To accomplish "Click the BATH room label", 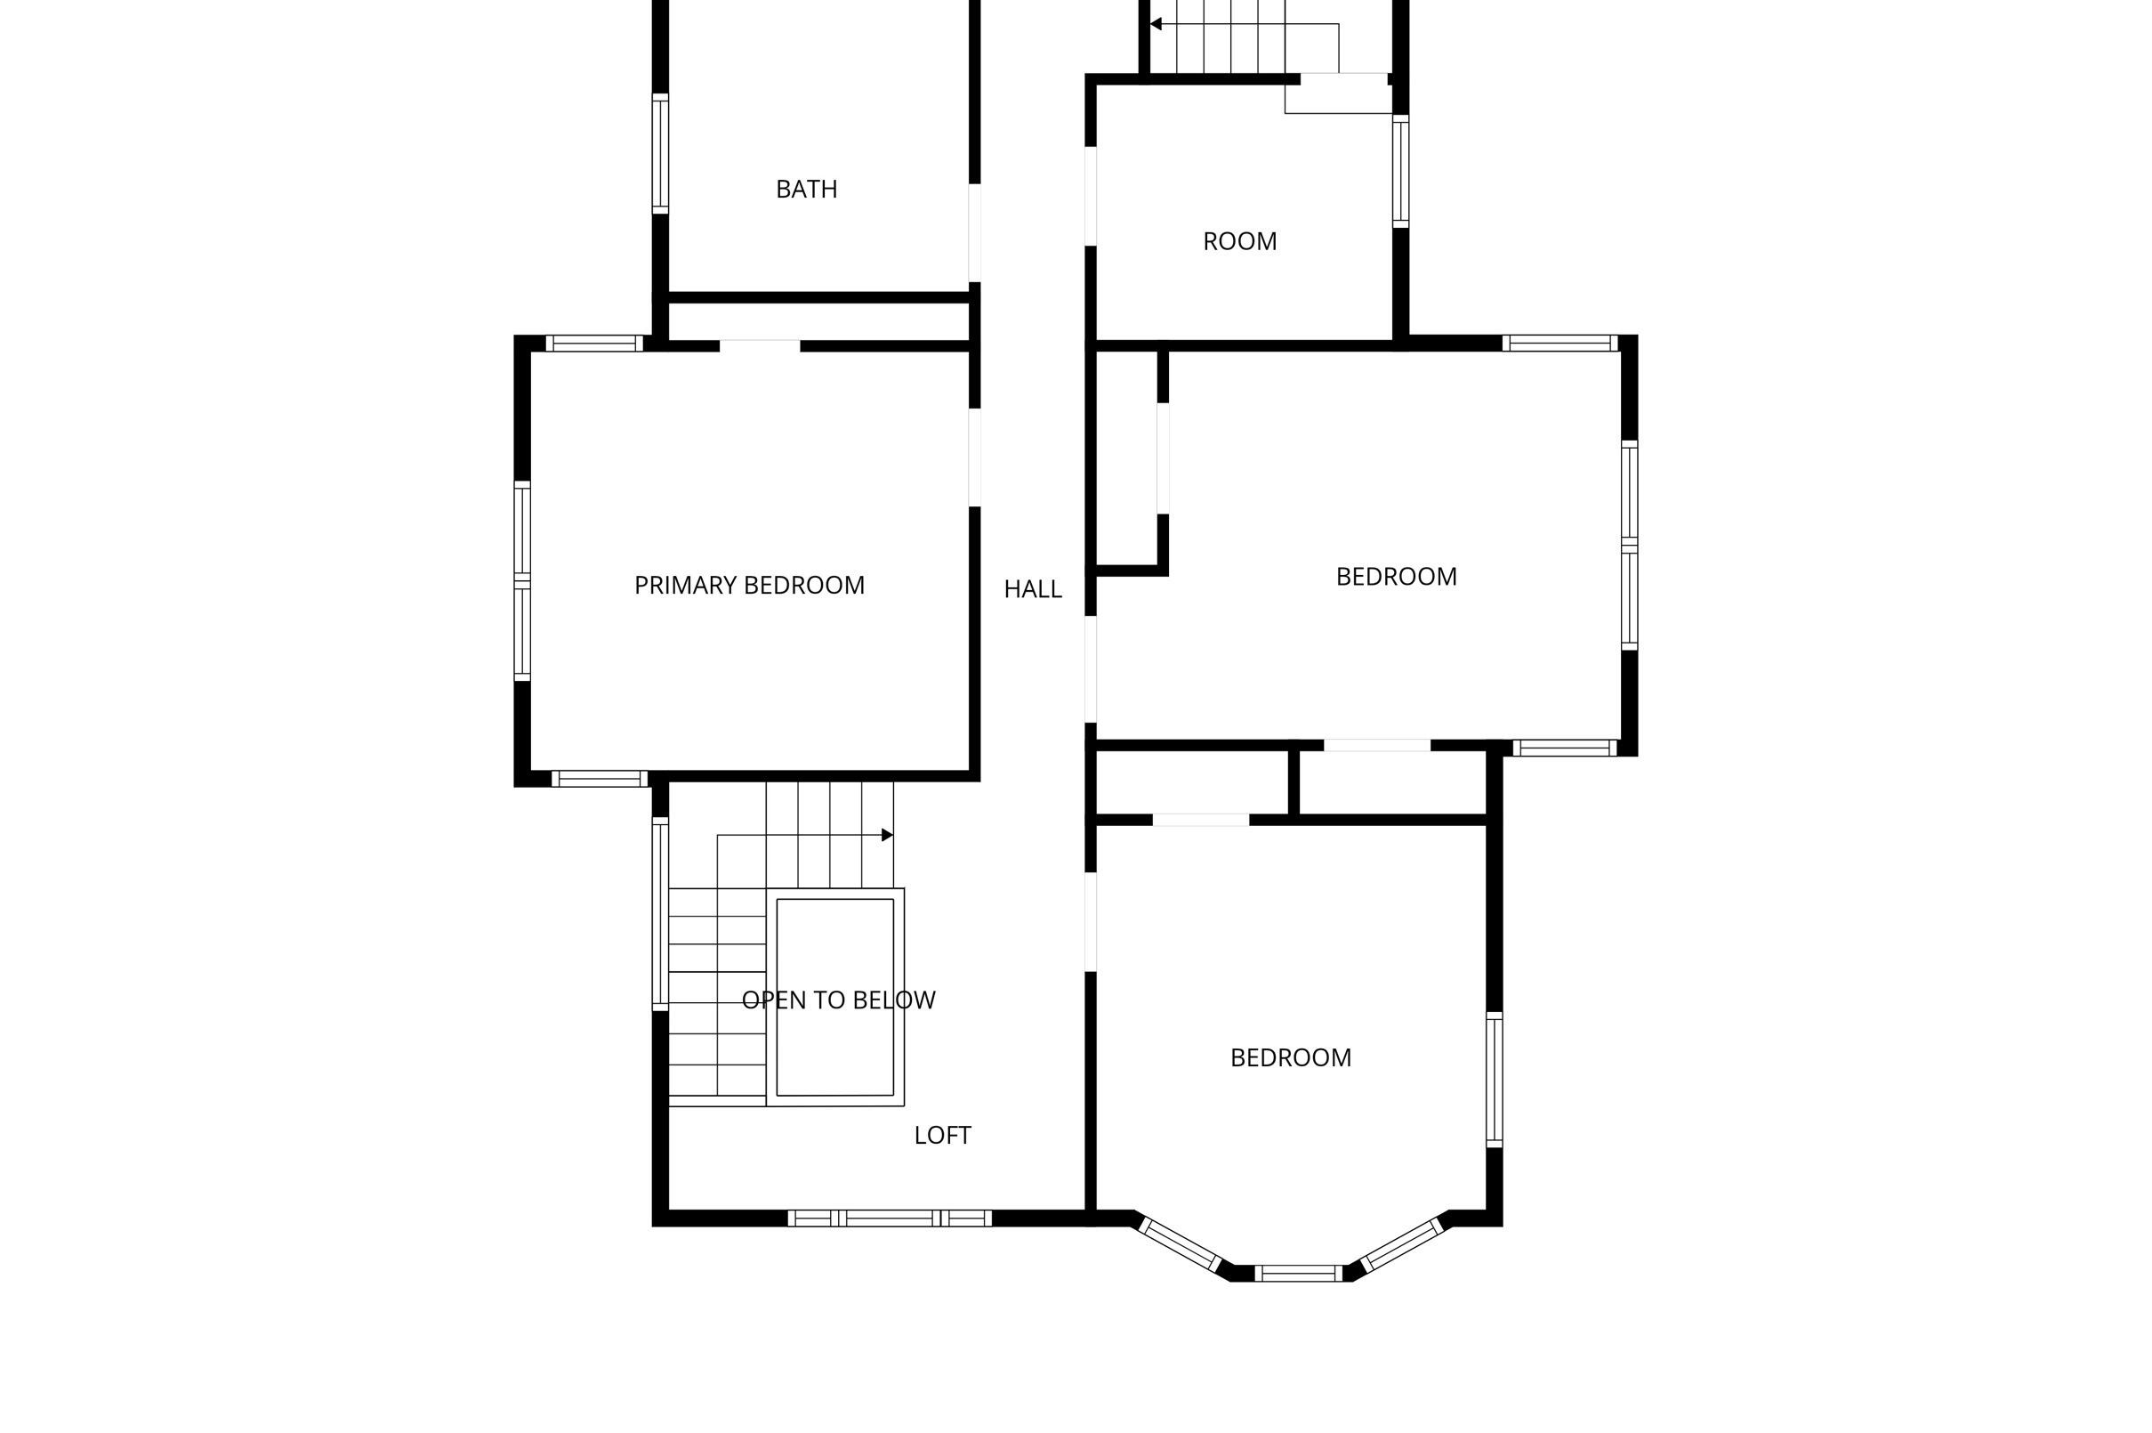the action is tap(806, 190).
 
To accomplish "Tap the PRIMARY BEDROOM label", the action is tap(749, 585).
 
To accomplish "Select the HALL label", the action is tap(1032, 589).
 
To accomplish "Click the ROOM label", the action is tap(1239, 241).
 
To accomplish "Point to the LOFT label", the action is tap(943, 1135).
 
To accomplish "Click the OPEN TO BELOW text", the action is tap(839, 1000).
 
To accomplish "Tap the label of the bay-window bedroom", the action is tap(1291, 1057).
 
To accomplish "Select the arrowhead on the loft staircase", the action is tap(887, 834).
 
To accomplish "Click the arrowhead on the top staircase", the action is tap(1156, 24).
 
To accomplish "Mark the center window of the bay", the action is tap(1298, 1273).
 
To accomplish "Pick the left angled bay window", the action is tap(1181, 1243).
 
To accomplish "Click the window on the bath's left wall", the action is tap(659, 153).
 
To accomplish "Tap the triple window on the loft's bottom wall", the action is tap(889, 1218).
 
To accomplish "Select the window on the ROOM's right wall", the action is tap(1400, 171).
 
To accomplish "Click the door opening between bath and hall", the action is tap(975, 232).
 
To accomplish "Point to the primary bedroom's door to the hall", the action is tap(975, 457).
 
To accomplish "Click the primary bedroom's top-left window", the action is tap(594, 344).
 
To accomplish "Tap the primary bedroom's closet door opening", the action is tap(759, 346).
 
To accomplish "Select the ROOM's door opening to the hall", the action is tap(1090, 196).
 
